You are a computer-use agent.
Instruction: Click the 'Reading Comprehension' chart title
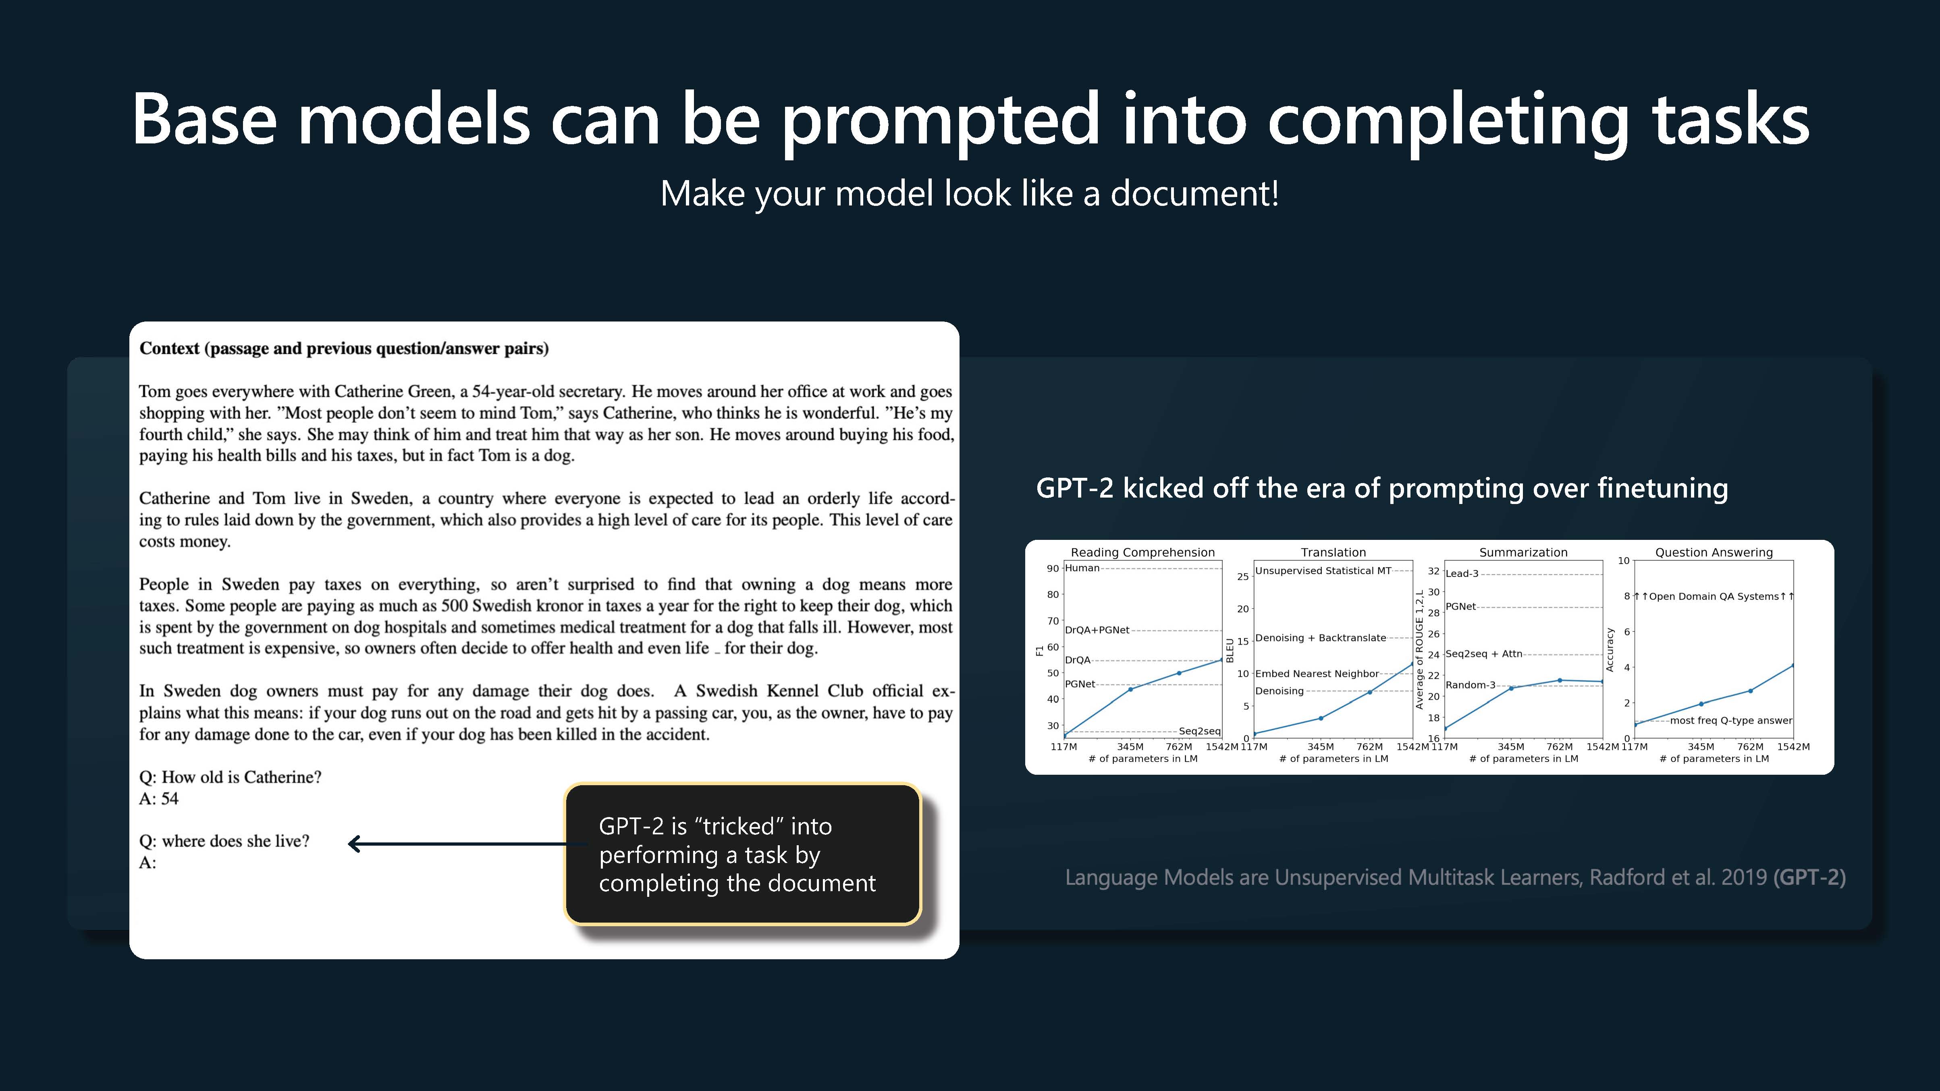[1142, 552]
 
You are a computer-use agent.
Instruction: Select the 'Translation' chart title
[1333, 552]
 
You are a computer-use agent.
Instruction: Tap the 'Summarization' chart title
[1523, 552]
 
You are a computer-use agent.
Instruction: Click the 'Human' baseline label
[1082, 568]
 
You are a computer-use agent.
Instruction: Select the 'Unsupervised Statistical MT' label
[1323, 571]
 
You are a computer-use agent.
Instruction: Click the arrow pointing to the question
[467, 844]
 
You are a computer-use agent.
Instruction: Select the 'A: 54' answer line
[159, 799]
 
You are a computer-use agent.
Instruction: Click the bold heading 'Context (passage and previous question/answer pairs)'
[344, 348]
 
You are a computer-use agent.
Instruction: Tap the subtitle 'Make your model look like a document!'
[969, 193]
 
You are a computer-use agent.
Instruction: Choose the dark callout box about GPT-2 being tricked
[743, 854]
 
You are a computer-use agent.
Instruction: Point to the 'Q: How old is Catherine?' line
[231, 777]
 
